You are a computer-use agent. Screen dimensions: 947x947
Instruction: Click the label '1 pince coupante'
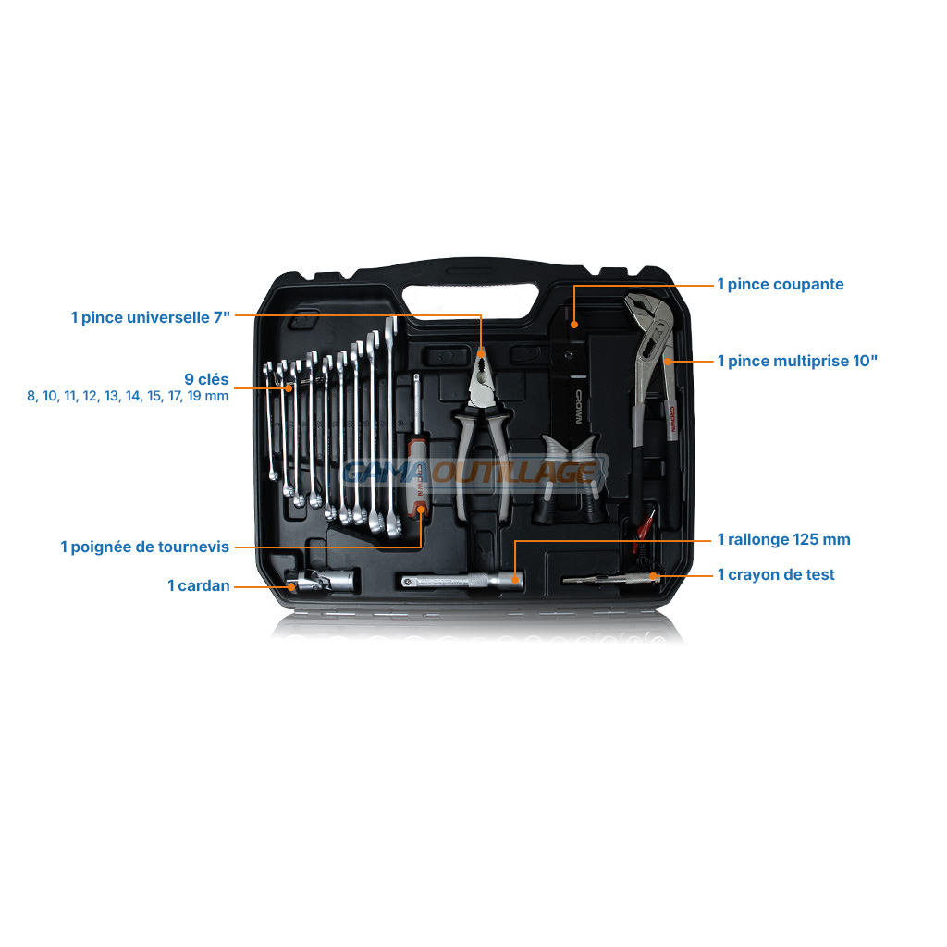tap(781, 285)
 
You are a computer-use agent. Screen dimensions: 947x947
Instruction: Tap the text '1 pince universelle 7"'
tap(151, 318)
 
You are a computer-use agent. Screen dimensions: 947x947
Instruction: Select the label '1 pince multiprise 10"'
tap(797, 362)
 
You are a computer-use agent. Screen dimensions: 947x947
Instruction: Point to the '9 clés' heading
tap(206, 379)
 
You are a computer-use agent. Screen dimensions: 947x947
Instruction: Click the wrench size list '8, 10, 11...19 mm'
tap(128, 396)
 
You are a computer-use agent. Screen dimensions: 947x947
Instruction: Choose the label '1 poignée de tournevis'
tap(145, 547)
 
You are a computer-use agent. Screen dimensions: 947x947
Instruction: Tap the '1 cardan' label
tap(199, 585)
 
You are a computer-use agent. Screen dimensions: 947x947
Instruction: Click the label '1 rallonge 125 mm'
tap(784, 540)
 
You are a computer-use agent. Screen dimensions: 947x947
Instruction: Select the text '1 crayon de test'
tap(776, 575)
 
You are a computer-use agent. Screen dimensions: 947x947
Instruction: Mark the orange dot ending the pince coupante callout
tap(574, 325)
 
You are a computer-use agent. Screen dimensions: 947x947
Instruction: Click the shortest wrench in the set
tap(270, 421)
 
